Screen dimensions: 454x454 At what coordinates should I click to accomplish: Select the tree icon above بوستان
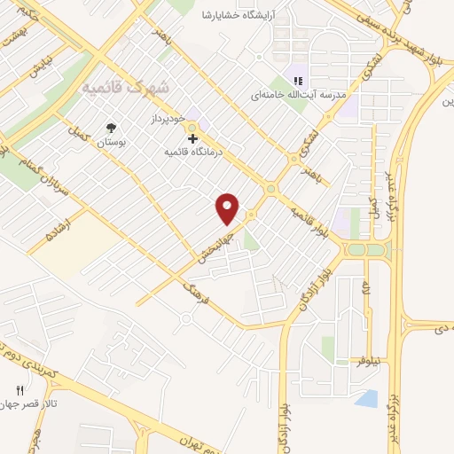pos(110,127)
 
